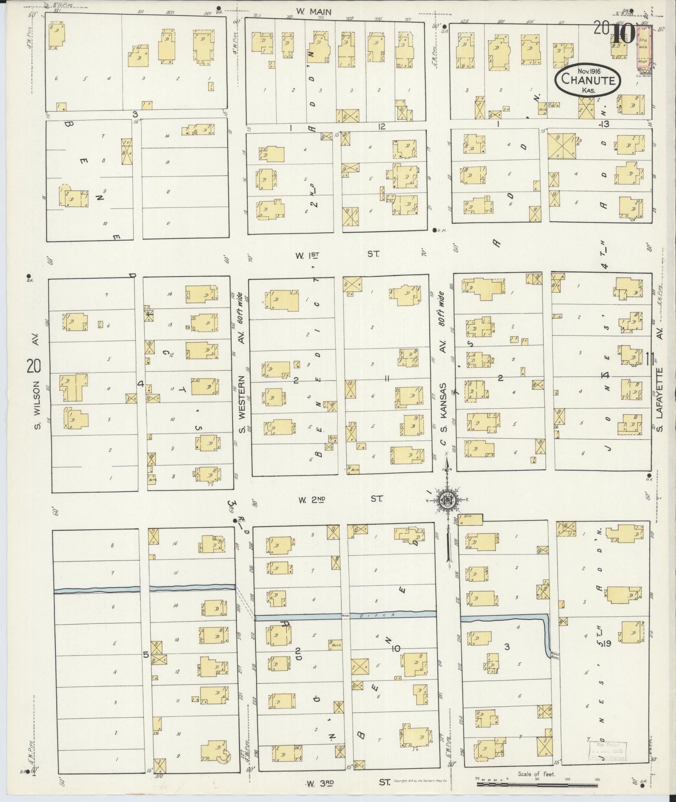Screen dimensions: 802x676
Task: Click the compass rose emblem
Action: [x=447, y=499]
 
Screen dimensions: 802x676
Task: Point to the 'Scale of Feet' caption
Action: [x=536, y=774]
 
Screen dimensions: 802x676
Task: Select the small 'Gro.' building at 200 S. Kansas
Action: [x=470, y=519]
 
